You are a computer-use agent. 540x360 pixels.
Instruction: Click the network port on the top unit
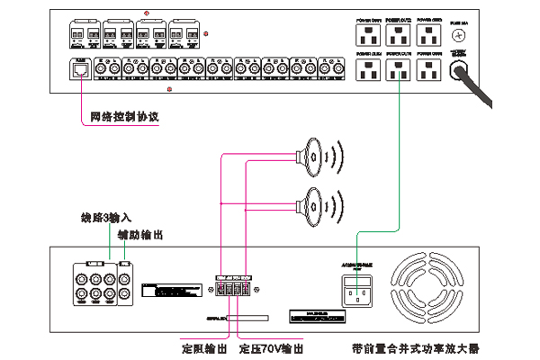click(80, 67)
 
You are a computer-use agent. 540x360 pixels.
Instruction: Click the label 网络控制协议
click(124, 117)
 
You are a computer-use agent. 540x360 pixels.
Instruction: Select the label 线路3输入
click(105, 219)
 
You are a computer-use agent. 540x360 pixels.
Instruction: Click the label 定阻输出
click(204, 347)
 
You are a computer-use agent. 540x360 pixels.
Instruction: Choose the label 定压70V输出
click(270, 347)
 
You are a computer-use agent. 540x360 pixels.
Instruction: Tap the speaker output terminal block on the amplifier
click(233, 288)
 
